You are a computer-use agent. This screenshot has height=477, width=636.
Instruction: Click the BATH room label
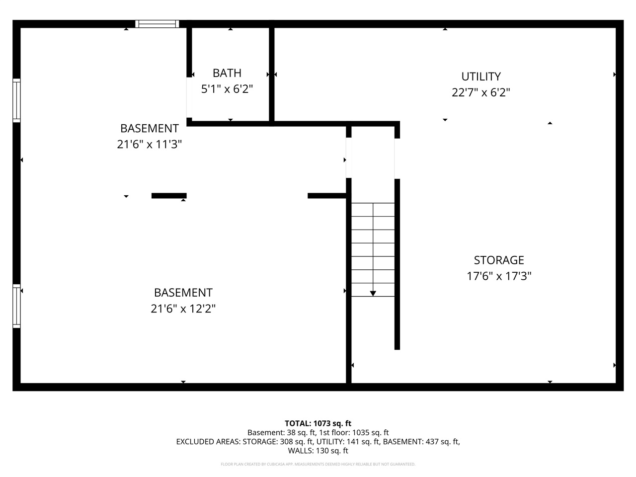tap(227, 73)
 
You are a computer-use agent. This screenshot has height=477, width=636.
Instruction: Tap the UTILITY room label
tap(480, 77)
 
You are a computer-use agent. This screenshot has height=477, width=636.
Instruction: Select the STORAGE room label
tap(498, 260)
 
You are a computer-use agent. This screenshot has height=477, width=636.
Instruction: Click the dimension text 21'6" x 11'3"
tap(150, 145)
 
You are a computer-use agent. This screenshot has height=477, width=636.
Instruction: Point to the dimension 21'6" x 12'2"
tap(183, 309)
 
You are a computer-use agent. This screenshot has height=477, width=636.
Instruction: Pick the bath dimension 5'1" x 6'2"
tap(227, 89)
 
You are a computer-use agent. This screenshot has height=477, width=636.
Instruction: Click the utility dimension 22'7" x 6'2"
tap(480, 92)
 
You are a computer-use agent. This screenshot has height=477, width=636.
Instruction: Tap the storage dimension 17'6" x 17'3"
tap(498, 276)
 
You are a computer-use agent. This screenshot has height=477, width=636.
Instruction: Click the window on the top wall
tap(157, 23)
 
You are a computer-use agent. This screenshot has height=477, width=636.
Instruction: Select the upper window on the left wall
tap(16, 100)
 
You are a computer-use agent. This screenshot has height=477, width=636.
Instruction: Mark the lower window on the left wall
tap(16, 306)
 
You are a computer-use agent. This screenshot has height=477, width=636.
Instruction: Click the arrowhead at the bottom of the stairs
tap(373, 294)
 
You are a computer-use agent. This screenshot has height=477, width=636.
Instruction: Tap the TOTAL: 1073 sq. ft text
tap(318, 423)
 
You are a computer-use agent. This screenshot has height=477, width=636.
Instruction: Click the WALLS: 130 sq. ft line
tap(318, 451)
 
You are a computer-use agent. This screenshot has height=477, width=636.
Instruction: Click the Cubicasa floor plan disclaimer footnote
tap(318, 464)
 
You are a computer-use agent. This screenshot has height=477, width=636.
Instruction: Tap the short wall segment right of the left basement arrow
tap(169, 196)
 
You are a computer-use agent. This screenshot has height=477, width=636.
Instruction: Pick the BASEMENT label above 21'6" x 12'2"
tap(183, 293)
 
